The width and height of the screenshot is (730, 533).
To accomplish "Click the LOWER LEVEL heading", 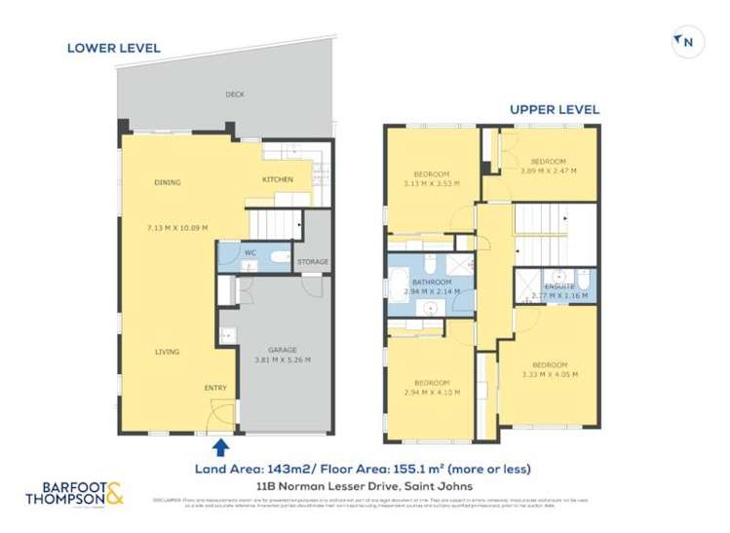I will click(114, 48).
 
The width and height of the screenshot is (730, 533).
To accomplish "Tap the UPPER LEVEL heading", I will click(555, 110).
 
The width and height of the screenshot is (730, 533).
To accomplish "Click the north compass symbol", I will click(686, 42).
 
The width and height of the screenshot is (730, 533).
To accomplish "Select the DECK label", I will click(235, 95).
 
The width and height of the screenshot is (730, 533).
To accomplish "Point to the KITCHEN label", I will click(278, 180).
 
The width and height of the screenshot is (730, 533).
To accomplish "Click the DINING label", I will click(167, 182).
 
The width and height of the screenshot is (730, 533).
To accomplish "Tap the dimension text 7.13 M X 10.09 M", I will click(176, 228).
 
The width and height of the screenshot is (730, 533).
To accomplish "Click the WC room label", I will click(250, 253).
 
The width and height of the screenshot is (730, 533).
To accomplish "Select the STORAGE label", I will click(313, 262).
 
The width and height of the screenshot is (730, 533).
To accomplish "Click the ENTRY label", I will click(215, 389).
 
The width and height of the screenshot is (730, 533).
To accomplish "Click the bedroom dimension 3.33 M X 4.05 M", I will click(550, 374).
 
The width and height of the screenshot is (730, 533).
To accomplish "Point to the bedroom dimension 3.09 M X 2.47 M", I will click(548, 171).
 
